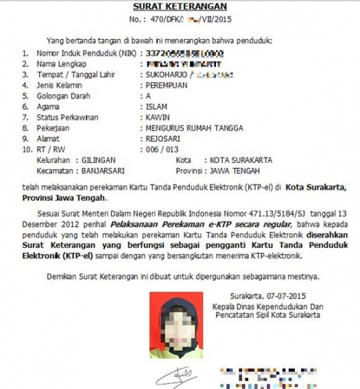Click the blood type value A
coord(147,97)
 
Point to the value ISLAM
coord(156,107)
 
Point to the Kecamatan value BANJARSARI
coord(108,171)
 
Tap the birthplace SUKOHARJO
coord(167,75)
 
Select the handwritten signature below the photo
coord(176,377)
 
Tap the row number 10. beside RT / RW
coord(27,149)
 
